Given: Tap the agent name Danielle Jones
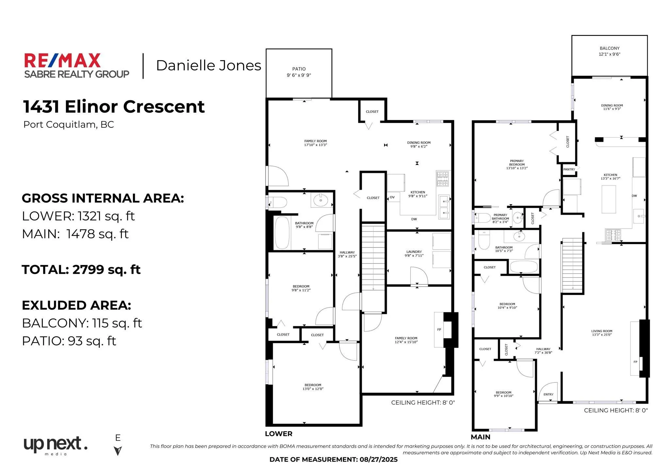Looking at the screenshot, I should (x=208, y=65).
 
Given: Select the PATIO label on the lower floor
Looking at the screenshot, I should (x=299, y=69).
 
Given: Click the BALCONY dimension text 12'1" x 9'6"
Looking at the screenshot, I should (x=609, y=54).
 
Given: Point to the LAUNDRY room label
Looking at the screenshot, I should (x=414, y=252).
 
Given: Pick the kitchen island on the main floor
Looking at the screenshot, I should (x=609, y=199).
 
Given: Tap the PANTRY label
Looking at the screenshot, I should (x=569, y=169).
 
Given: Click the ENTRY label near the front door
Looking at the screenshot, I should (x=548, y=394).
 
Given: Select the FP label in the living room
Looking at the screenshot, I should (x=635, y=362).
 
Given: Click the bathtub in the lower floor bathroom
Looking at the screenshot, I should (x=282, y=233).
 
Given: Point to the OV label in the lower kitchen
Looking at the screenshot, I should (x=392, y=197).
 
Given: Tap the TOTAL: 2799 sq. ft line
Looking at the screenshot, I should (x=81, y=269).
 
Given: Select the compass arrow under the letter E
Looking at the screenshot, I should (x=118, y=451).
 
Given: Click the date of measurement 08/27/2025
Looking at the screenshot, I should (x=378, y=460).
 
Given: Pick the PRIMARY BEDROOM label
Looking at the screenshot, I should (x=517, y=163).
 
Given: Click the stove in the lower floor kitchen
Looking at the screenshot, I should (x=443, y=179).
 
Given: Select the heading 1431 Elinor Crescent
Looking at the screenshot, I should (x=114, y=106).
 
